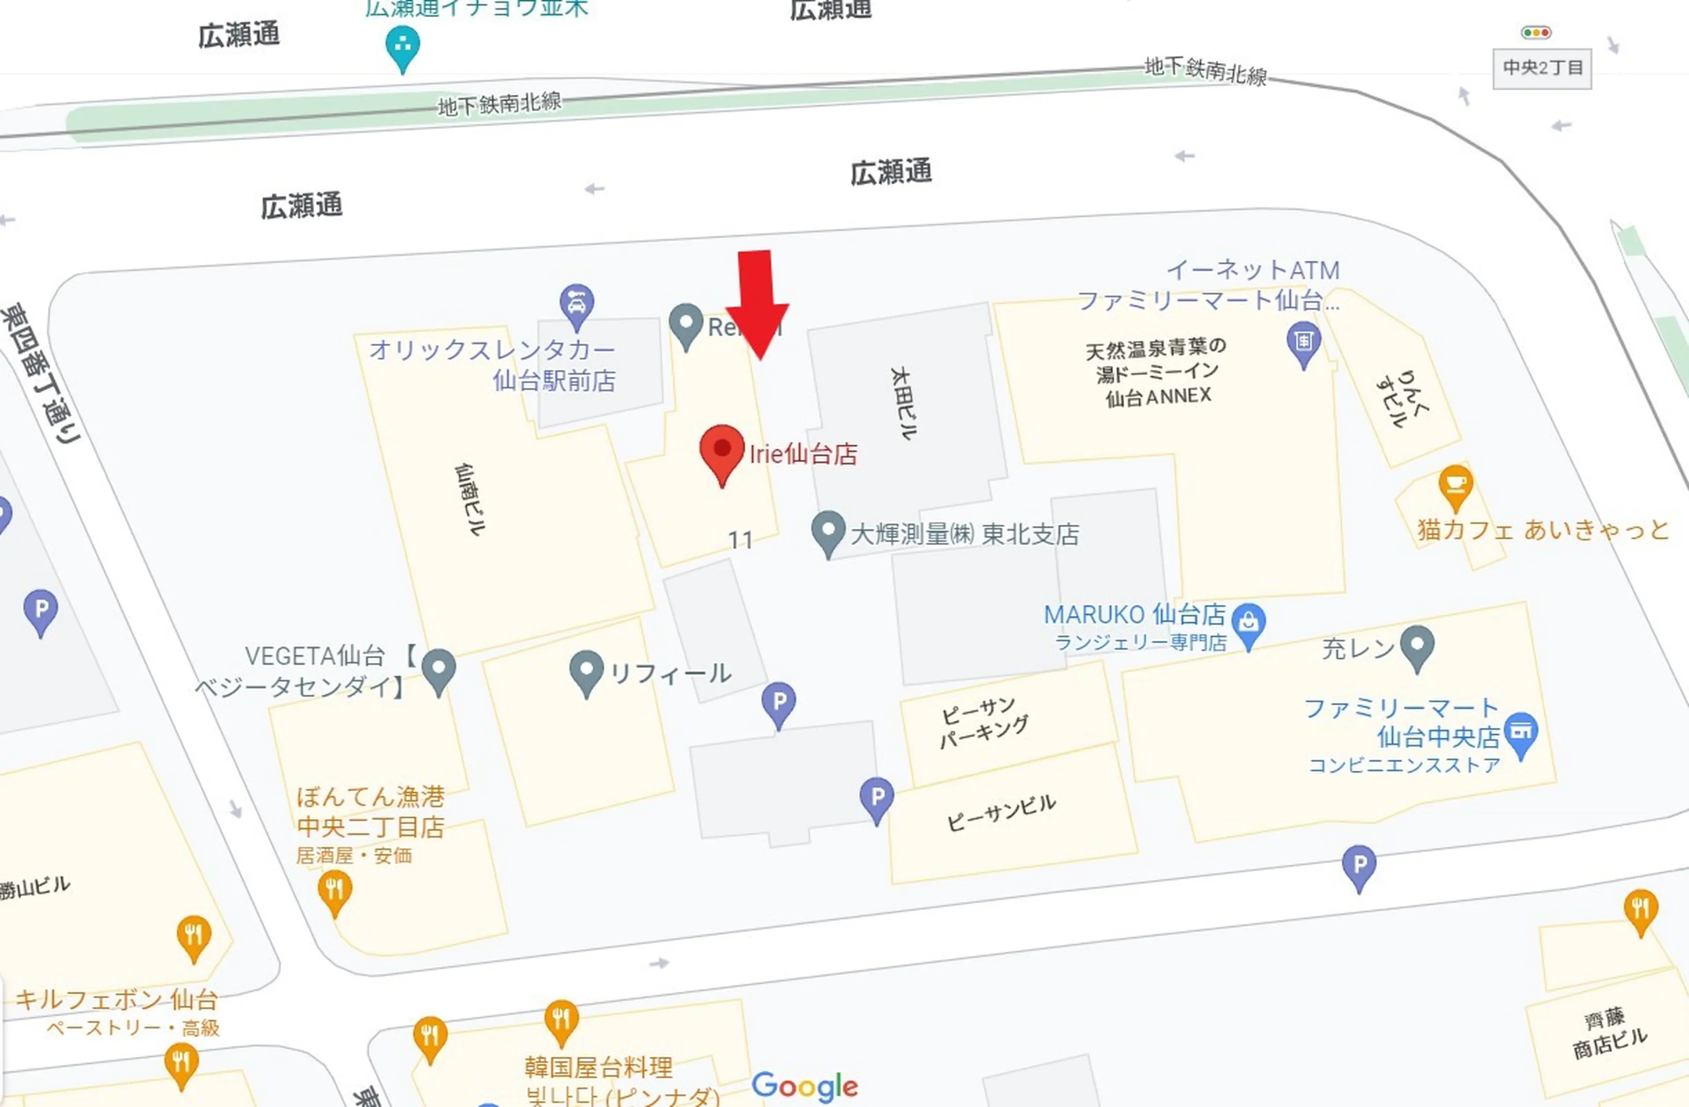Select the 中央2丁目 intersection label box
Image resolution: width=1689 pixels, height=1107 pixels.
(x=1542, y=68)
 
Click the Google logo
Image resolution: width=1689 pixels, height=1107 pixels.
(x=805, y=1086)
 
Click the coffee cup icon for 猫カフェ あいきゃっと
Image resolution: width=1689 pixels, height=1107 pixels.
(x=1455, y=484)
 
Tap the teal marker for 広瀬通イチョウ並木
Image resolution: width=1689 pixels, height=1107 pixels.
(x=402, y=45)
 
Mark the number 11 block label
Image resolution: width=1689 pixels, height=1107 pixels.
(x=740, y=541)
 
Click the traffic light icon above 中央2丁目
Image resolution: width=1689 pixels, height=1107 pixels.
(x=1535, y=32)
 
